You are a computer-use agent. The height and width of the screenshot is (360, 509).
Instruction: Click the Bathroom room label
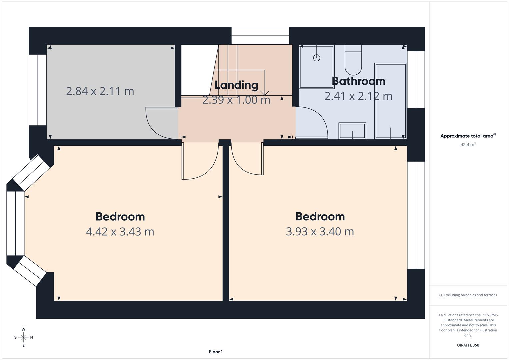[x=358, y=81]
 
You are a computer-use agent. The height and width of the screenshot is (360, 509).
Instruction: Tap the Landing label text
[x=236, y=85]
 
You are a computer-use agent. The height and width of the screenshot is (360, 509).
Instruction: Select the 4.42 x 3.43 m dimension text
[x=120, y=231]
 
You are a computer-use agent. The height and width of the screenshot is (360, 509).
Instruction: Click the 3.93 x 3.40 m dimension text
[x=320, y=231]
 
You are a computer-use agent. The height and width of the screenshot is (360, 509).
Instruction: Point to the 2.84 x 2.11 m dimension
[x=100, y=91]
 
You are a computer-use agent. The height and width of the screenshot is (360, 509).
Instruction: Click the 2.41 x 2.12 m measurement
[x=358, y=96]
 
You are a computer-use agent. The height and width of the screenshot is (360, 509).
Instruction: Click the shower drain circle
[x=317, y=58]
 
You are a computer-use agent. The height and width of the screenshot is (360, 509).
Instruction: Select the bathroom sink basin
[x=352, y=131]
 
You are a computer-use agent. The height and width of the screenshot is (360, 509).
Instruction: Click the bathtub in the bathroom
[x=390, y=101]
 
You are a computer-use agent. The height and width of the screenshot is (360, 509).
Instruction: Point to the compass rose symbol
[x=23, y=337]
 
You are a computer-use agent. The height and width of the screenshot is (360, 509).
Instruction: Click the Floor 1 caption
[x=216, y=352]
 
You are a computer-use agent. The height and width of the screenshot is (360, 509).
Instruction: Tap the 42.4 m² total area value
[x=468, y=145]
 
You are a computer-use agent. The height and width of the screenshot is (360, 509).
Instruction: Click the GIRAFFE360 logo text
[x=468, y=345]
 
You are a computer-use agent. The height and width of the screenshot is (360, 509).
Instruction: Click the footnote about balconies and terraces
[x=468, y=295]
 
